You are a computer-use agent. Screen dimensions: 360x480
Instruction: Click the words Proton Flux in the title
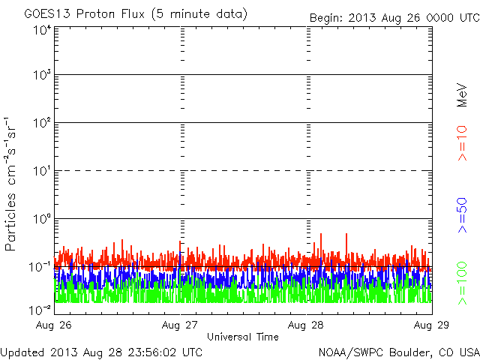pyautogui.click(x=110, y=14)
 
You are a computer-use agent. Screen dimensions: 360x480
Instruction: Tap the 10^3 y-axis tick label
pyautogui.click(x=41, y=76)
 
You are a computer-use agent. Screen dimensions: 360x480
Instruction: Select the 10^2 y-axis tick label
pyautogui.click(x=41, y=124)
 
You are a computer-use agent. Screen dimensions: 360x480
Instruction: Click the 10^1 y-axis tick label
pyautogui.click(x=41, y=172)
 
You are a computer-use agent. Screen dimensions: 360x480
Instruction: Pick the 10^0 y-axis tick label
pyautogui.click(x=41, y=220)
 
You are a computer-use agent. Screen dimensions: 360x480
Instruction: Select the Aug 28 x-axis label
pyautogui.click(x=307, y=325)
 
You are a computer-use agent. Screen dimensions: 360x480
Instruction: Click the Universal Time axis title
pyautogui.click(x=243, y=337)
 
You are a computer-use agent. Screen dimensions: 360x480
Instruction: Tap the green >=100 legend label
pyautogui.click(x=463, y=282)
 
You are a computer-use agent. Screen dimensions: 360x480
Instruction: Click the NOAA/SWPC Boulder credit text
pyautogui.click(x=398, y=351)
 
